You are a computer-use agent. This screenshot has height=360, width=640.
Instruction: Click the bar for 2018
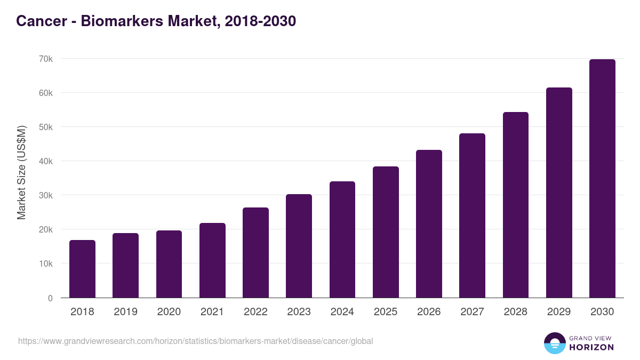[82, 269]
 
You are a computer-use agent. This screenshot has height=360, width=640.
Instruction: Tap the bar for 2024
[342, 239]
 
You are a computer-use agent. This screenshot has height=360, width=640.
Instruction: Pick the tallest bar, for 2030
[602, 178]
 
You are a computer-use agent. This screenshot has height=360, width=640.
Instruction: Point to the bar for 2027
[472, 215]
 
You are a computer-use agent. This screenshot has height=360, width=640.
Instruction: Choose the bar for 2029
[559, 193]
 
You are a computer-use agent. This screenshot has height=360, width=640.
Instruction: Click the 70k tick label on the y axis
[45, 59]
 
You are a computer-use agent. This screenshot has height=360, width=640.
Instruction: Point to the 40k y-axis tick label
[45, 161]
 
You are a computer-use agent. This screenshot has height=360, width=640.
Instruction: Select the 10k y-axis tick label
[45, 263]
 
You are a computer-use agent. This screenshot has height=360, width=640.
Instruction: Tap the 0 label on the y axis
[50, 298]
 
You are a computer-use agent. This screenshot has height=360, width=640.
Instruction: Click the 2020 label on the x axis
[169, 312]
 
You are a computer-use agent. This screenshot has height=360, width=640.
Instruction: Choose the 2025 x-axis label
[386, 312]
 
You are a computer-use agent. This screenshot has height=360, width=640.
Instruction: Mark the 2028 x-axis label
[516, 312]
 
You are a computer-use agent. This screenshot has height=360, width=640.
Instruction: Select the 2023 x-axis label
[299, 312]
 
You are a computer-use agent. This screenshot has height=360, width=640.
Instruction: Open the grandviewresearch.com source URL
[195, 341]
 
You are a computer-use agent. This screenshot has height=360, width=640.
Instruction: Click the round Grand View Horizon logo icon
[554, 343]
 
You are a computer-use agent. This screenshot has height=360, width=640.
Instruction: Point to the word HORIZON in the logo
[591, 347]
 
